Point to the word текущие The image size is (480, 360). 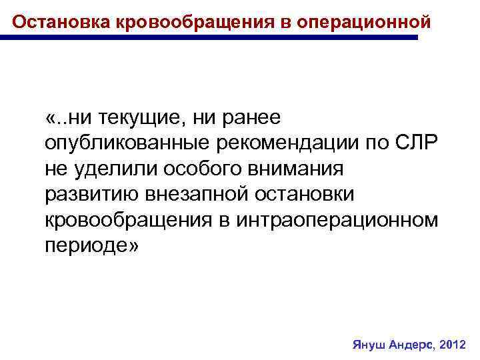(x=138, y=119)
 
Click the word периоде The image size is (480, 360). (x=85, y=245)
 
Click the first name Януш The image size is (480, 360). (x=367, y=345)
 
